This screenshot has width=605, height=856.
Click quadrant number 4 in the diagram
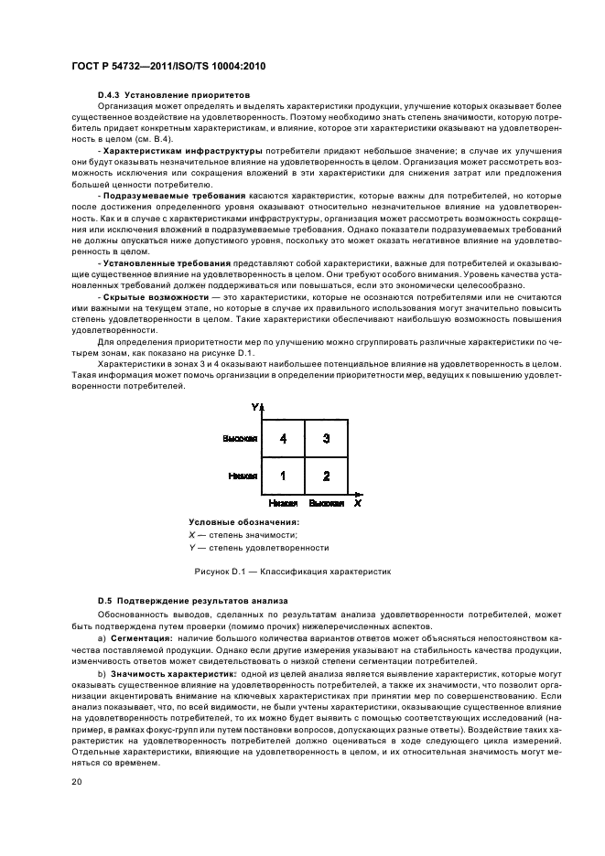284,439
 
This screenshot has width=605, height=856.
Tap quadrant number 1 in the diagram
284,476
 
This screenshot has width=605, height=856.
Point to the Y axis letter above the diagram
254,406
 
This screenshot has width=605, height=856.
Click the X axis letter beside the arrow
358,503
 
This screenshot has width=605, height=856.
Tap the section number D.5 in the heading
105,600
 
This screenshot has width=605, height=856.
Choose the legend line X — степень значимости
243,535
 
